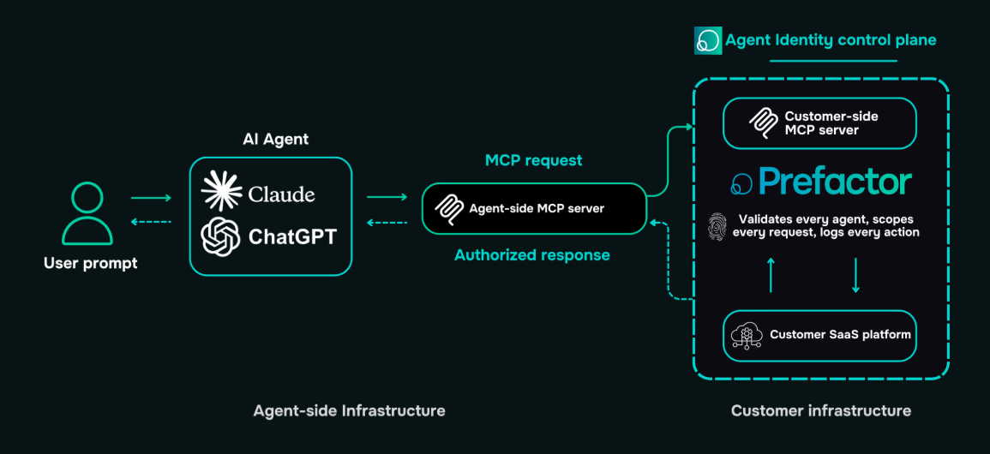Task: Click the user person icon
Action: click(87, 213)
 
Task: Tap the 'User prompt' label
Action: click(90, 263)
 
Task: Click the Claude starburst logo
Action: click(221, 192)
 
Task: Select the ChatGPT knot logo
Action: click(220, 236)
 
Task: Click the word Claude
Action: click(281, 194)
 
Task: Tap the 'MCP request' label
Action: click(533, 160)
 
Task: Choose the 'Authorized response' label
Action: click(532, 254)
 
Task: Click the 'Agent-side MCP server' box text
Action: click(537, 208)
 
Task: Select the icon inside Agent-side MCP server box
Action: click(448, 208)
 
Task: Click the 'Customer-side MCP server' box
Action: click(819, 123)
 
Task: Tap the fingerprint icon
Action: click(717, 226)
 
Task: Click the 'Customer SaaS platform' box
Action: click(819, 334)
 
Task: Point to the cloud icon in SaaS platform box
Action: click(745, 335)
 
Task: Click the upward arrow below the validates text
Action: click(771, 274)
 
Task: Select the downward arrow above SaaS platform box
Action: click(855, 274)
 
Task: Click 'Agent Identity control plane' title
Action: click(830, 40)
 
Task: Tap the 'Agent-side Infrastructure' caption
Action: click(349, 410)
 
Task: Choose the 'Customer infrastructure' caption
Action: click(820, 410)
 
